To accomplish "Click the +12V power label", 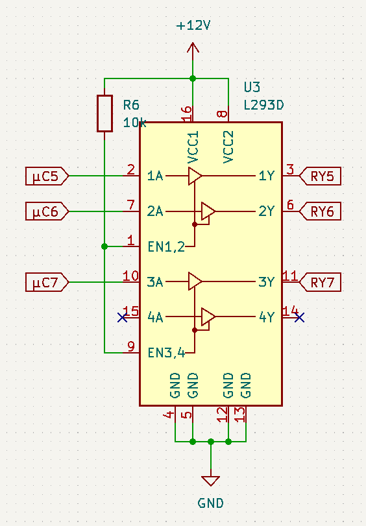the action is click(193, 25).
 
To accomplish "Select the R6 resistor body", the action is click(104, 114).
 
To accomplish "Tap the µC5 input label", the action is click(47, 176).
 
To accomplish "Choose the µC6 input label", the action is click(47, 211).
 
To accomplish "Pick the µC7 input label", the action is click(47, 282).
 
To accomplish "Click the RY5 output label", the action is click(320, 176).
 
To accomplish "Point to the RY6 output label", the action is click(320, 211).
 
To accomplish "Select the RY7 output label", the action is click(320, 282).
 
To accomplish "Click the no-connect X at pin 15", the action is click(122, 317).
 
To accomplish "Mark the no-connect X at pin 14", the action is click(299, 317).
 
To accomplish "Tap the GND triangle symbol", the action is click(210, 481).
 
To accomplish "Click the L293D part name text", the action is click(263, 105).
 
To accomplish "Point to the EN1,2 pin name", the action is click(166, 247).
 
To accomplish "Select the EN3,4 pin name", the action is click(166, 353).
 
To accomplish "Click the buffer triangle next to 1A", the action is click(195, 176).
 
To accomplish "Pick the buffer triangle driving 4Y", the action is click(208, 317).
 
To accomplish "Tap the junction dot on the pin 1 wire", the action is click(104, 246).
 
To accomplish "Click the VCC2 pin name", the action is click(228, 147).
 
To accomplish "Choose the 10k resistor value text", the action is click(134, 123).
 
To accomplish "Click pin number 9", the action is click(131, 346).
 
